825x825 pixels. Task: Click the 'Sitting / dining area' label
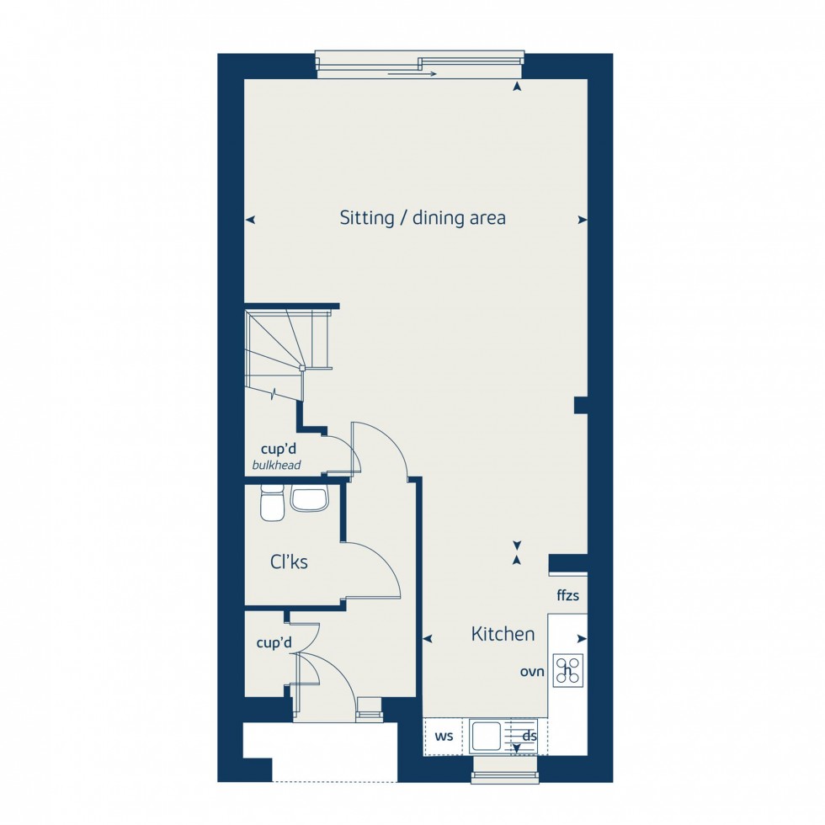[423, 218]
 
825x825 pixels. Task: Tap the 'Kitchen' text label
[503, 634]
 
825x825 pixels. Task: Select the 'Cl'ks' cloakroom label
[289, 562]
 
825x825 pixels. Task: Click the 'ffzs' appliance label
[567, 596]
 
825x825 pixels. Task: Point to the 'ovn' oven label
[532, 672]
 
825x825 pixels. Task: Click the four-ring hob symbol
[569, 670]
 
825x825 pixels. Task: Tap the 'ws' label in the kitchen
[444, 737]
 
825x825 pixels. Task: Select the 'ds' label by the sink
[530, 737]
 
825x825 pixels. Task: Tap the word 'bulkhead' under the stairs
[276, 466]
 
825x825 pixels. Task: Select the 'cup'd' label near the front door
[274, 643]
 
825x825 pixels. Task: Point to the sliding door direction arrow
[412, 74]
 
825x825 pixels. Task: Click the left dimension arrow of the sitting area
[250, 220]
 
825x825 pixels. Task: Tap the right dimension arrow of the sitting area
[582, 220]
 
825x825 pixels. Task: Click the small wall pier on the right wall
[580, 405]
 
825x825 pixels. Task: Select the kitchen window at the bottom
[505, 769]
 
